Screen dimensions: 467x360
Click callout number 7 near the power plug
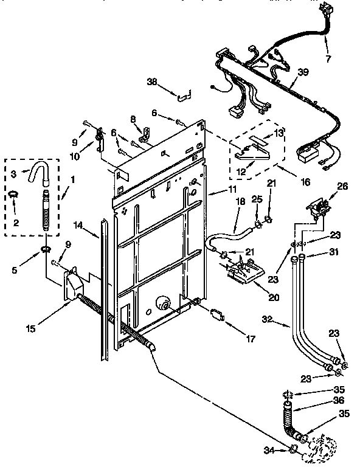(x=329, y=58)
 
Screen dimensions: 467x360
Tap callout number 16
(x=289, y=181)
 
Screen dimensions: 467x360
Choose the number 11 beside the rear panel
(x=216, y=191)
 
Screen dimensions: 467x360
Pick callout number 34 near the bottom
(x=269, y=451)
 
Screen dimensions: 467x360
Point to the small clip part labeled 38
(x=182, y=95)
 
